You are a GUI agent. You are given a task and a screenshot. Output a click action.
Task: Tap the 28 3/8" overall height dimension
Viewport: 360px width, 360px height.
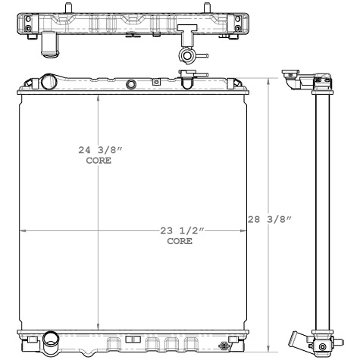coord(270,220)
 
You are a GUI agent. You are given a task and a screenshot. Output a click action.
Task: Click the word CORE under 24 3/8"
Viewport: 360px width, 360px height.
coord(98,161)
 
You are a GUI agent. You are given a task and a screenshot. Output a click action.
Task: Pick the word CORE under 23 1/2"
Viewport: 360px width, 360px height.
coord(179,241)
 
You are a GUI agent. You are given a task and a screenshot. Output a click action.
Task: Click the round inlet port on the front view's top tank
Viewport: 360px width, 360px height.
coord(50,81)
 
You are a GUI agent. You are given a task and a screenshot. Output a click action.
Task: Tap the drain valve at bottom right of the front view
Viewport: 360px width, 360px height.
coord(224,346)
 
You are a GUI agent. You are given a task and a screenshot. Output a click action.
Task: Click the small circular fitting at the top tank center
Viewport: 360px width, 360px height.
coord(133,83)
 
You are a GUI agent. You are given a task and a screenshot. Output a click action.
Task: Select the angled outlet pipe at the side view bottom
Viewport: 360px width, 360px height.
coord(299,340)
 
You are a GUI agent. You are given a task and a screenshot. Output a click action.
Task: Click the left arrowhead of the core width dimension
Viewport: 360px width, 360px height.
coord(21,230)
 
